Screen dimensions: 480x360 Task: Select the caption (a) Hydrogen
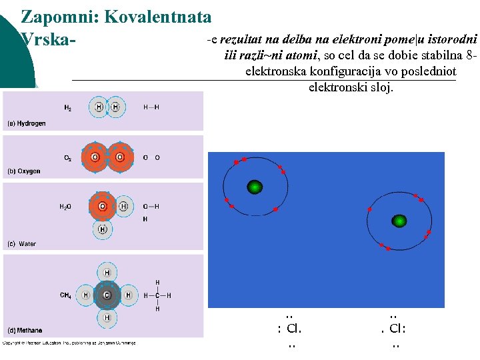(27, 123)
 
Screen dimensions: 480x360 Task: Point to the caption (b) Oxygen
(24, 171)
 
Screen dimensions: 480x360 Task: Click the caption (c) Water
(21, 244)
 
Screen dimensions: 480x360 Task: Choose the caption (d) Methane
(25, 330)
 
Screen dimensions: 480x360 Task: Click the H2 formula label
(68, 107)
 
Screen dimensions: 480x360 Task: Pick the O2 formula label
(68, 158)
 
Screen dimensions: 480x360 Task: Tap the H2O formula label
(65, 207)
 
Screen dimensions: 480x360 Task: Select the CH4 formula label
(66, 295)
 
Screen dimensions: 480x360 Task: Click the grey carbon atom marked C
(107, 295)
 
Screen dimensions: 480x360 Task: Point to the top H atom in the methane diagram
(107, 273)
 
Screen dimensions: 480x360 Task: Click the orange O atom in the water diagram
(103, 207)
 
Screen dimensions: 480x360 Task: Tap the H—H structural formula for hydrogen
(151, 107)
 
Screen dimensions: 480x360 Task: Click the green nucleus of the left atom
(254, 188)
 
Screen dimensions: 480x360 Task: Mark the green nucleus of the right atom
(399, 221)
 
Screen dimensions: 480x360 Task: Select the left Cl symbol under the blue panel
(293, 329)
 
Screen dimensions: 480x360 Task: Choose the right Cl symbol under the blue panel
(396, 329)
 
